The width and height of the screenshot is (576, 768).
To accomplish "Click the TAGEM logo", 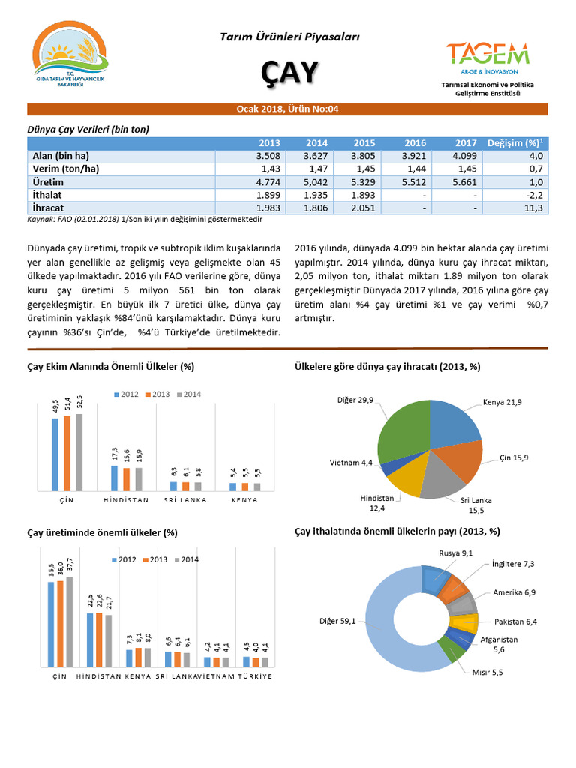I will click(487, 56).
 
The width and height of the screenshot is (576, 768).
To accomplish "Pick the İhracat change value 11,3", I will click(535, 208).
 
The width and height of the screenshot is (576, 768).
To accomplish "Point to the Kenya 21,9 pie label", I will click(502, 403).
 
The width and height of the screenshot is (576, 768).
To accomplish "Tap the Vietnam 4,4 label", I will click(351, 463).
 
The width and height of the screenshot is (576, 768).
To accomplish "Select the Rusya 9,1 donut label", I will click(455, 553).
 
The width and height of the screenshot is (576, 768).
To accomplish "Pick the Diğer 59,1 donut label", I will click(338, 620).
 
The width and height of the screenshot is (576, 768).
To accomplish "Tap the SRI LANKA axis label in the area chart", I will click(184, 500).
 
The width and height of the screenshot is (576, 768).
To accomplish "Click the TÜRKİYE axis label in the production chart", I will click(255, 676).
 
